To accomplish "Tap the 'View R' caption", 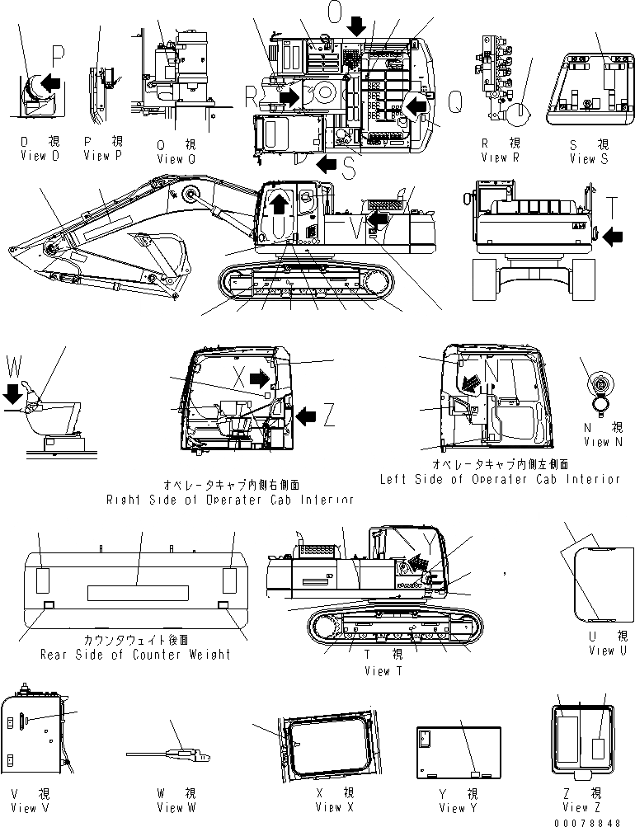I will coord(500,157).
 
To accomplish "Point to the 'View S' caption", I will coord(588,158).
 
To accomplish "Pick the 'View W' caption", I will coord(176,808).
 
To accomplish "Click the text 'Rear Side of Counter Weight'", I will coord(135,655).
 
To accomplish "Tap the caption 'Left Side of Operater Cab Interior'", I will coord(499,479).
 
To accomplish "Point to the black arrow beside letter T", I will coord(612,237).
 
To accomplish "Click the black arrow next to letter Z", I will coord(304,417).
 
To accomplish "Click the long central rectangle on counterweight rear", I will coord(139,593).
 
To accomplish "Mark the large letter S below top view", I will coord(349,167).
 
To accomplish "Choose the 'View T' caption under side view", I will coord(383,671).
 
